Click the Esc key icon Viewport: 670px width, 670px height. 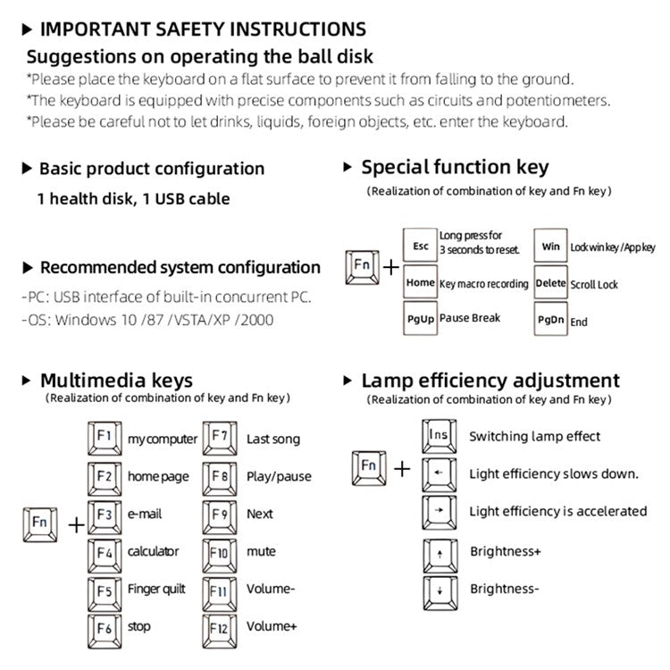421,246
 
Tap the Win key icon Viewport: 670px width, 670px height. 550,246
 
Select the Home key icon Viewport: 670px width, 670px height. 420,282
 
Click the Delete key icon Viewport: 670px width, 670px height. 550,283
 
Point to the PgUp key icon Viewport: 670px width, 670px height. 421,319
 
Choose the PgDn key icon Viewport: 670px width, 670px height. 550,320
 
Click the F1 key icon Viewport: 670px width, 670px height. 105,438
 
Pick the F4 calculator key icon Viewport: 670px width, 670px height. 105,551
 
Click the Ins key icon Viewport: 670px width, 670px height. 439,435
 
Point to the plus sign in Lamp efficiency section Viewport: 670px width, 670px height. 403,468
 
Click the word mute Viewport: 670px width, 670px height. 261,552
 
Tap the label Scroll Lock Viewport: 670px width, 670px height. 594,284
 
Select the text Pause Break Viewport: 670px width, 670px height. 470,318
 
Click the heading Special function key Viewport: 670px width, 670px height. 455,167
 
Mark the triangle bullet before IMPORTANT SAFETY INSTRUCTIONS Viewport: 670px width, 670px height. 26,30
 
